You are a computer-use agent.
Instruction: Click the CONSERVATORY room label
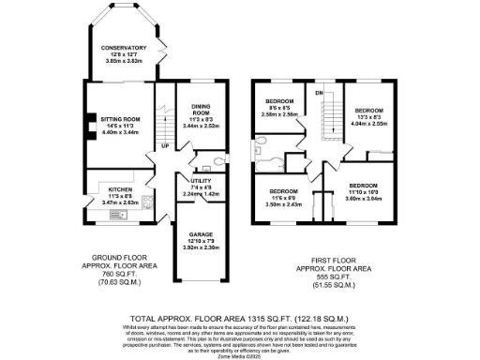(125, 48)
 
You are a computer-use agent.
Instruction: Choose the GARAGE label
(202, 233)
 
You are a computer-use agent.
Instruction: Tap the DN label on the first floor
(319, 93)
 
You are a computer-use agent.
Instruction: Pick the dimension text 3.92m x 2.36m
(202, 247)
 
